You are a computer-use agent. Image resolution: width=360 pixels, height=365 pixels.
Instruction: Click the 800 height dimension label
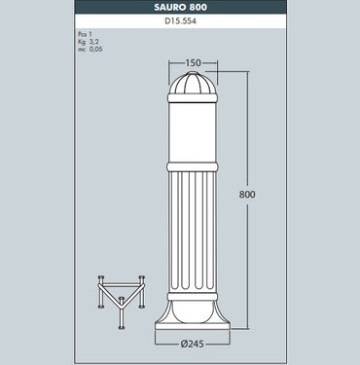[x=247, y=195]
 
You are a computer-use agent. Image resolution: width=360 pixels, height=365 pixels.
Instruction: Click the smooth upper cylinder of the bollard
[x=194, y=131]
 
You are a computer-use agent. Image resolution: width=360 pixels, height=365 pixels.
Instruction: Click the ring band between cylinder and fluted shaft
[x=194, y=167]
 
